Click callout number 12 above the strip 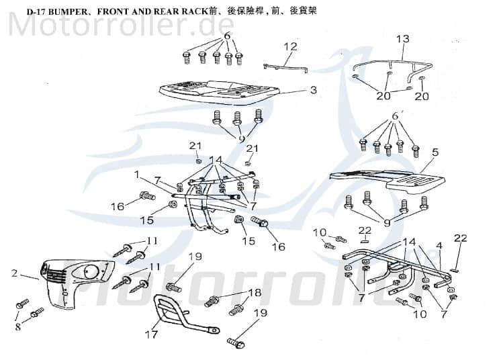click(x=290, y=46)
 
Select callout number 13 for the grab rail click(x=402, y=39)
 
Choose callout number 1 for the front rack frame click(x=136, y=175)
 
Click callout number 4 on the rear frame click(x=439, y=246)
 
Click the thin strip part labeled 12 click(x=285, y=67)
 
